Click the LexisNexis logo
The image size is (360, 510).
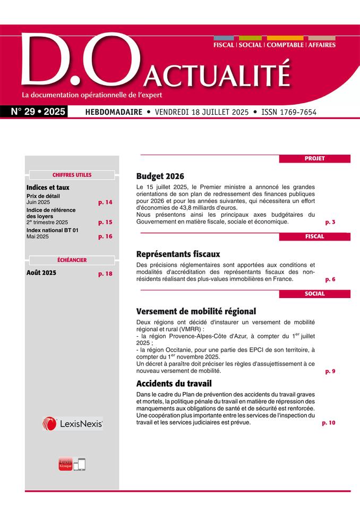(x=72, y=423)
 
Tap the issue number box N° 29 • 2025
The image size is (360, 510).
(x=38, y=112)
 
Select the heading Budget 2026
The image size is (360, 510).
(x=160, y=176)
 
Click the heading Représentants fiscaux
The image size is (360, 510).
(x=178, y=254)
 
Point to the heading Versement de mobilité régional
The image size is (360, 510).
(x=196, y=311)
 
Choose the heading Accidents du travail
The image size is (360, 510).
(x=174, y=383)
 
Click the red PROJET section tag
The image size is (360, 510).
(x=314, y=158)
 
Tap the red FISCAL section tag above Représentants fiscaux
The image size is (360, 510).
(x=314, y=236)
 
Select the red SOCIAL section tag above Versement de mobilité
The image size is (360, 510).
(x=314, y=294)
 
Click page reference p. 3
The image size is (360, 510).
(x=330, y=222)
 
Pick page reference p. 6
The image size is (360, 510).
(x=330, y=279)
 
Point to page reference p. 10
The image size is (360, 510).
(x=329, y=423)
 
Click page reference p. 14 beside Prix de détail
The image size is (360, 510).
(x=105, y=202)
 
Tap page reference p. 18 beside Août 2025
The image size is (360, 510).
(x=105, y=274)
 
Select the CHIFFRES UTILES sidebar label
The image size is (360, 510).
(x=72, y=175)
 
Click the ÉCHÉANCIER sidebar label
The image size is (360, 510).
(x=72, y=260)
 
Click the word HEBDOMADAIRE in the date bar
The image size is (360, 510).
(x=110, y=113)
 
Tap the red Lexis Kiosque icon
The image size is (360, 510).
(x=65, y=464)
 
